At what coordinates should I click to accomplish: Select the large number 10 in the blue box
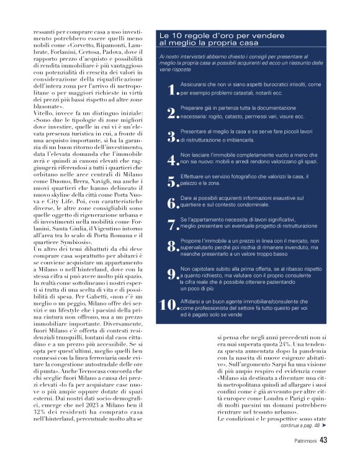(x=169, y=304)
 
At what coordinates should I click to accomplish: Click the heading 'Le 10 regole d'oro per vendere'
(x=215, y=36)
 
